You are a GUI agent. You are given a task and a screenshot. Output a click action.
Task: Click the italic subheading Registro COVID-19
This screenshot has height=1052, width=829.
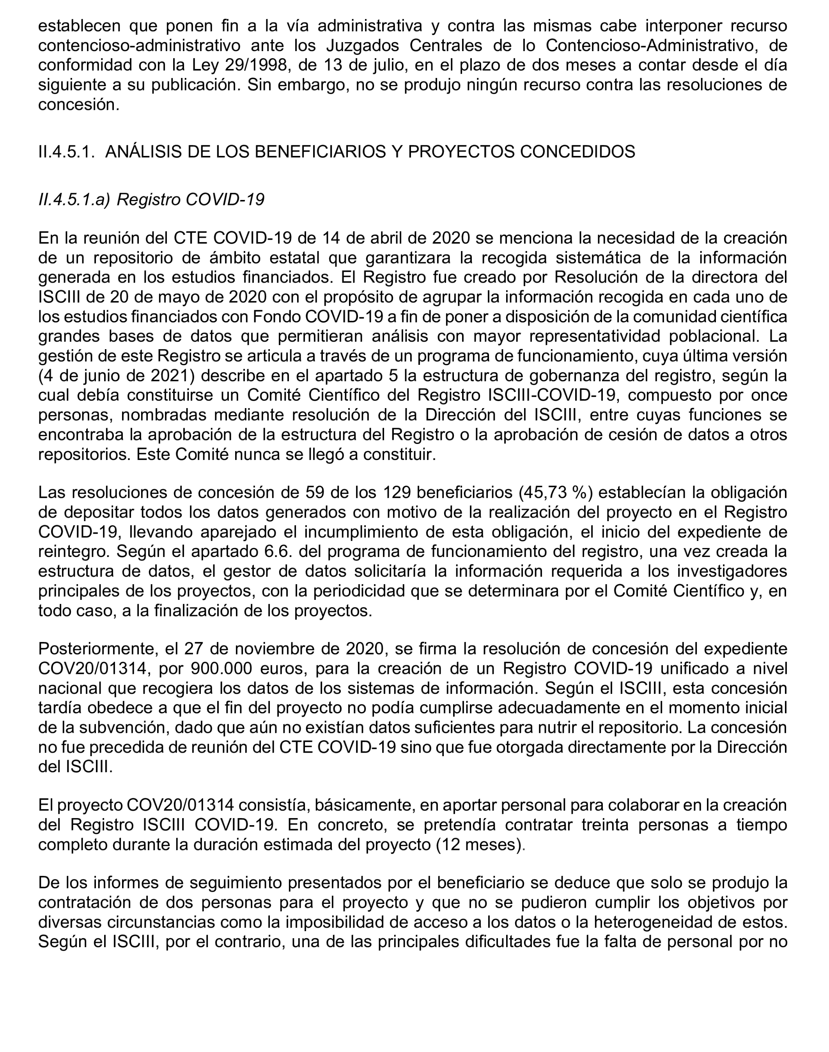190,200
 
